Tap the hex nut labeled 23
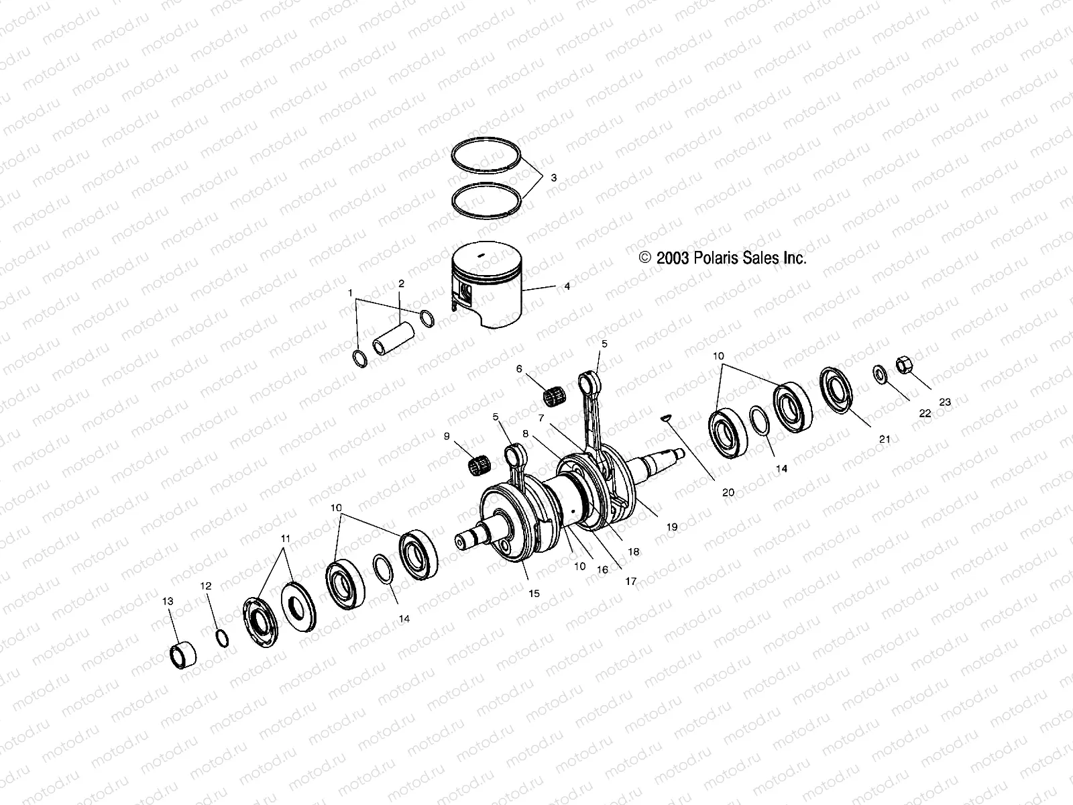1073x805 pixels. pyautogui.click(x=903, y=367)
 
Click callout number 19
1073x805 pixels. pyautogui.click(x=672, y=527)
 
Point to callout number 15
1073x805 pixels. pyautogui.click(x=534, y=594)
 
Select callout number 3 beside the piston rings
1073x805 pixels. pyautogui.click(x=553, y=178)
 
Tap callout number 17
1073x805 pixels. pyautogui.click(x=630, y=582)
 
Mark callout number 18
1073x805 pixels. pyautogui.click(x=633, y=551)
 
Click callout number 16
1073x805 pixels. pyautogui.click(x=602, y=570)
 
